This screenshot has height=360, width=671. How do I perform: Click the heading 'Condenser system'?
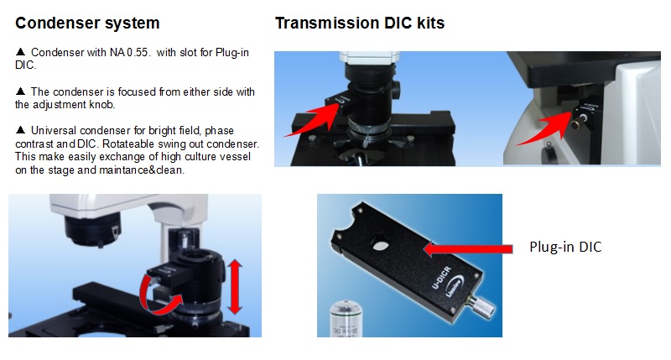tap(87, 23)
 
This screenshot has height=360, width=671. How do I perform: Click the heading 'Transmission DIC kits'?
tap(360, 23)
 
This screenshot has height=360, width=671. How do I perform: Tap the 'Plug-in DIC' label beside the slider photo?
tap(565, 247)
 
